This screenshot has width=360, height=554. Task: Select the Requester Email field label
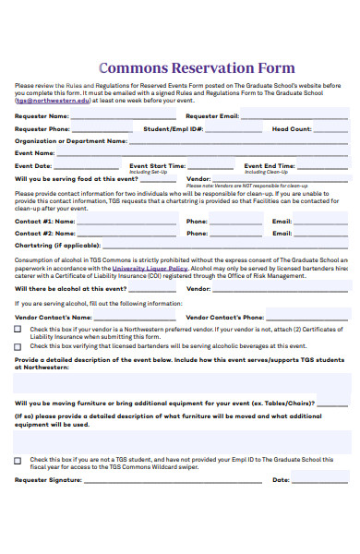[x=212, y=117]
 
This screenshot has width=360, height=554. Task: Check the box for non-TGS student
[x=18, y=459]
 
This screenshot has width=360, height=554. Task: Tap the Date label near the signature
[x=281, y=480]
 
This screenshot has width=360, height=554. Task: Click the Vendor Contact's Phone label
[x=226, y=317]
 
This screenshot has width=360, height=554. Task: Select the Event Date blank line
[x=82, y=167]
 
